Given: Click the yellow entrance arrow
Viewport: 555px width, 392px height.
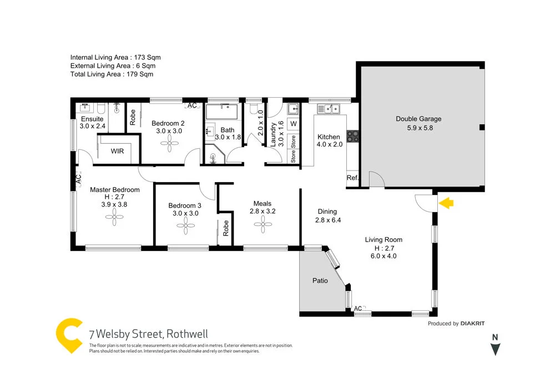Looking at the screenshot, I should [447, 204].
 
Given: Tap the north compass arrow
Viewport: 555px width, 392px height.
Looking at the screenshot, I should [496, 349].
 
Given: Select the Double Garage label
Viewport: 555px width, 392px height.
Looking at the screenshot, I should [418, 119].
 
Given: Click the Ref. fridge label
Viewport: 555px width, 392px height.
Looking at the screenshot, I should [352, 178].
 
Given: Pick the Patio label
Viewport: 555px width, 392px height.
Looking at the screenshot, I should [320, 280].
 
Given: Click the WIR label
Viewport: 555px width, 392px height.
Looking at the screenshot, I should [117, 151].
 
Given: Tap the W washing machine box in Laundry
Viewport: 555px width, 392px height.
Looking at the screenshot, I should [294, 123].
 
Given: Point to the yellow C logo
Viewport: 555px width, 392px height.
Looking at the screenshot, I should [69, 336].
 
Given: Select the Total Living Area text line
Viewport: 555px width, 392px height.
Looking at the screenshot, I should [112, 74].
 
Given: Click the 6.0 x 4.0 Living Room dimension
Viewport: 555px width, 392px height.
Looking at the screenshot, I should [384, 256].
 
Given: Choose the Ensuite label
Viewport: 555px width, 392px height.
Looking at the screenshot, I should [92, 119].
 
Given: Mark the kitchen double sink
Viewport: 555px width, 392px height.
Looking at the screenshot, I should [332, 108].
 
